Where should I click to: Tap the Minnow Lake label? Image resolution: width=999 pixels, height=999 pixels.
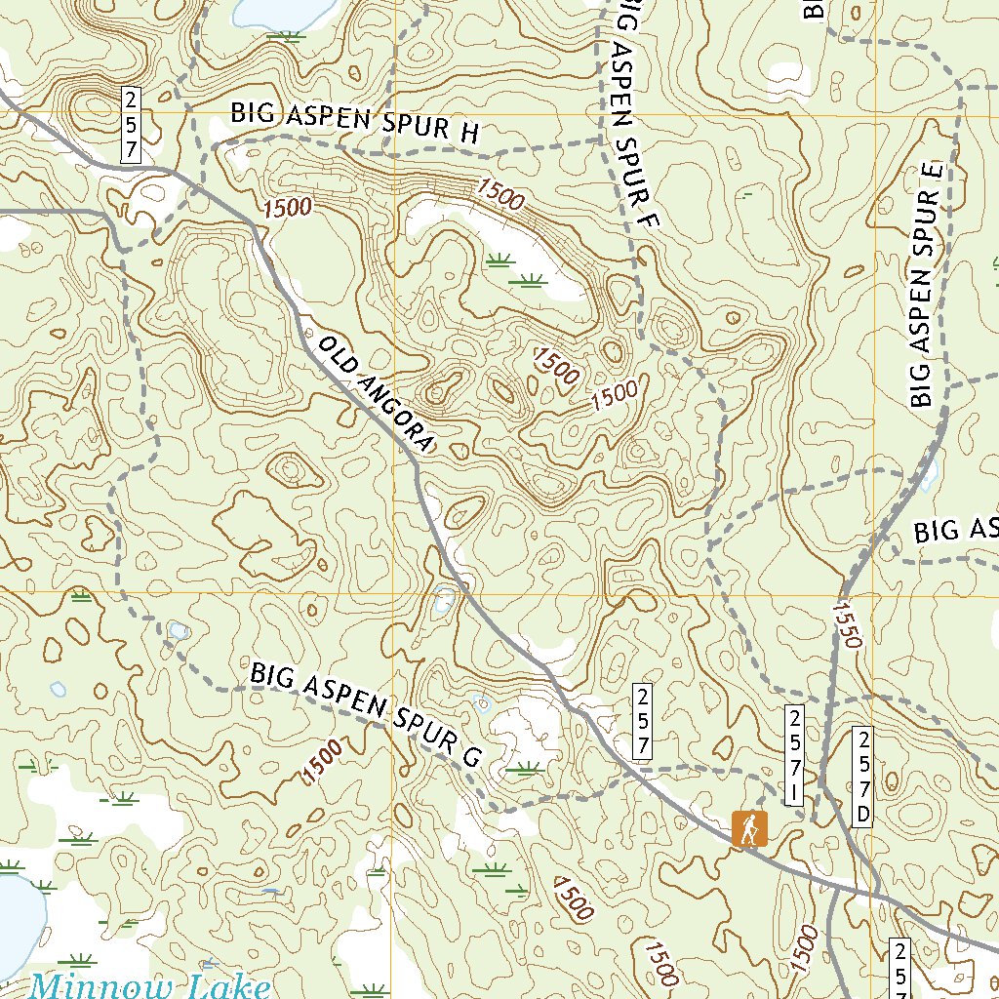click(149, 985)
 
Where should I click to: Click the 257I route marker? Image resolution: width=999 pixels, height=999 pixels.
click(795, 757)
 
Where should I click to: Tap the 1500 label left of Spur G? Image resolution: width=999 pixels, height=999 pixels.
click(323, 762)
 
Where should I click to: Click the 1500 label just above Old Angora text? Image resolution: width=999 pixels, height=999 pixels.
click(287, 207)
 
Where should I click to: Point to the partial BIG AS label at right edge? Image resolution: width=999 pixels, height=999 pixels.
click(956, 530)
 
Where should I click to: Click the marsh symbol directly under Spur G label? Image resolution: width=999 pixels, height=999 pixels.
click(523, 769)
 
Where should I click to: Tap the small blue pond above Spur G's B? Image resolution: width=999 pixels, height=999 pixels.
click(178, 631)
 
